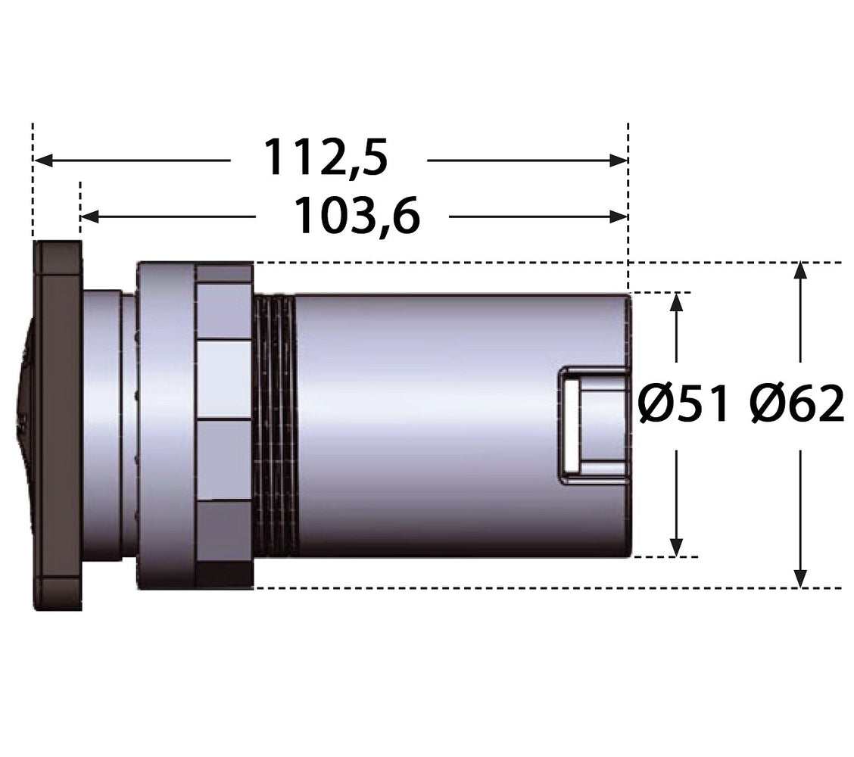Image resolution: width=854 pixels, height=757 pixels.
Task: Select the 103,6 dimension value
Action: click(357, 216)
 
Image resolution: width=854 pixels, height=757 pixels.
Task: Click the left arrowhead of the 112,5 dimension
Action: click(43, 160)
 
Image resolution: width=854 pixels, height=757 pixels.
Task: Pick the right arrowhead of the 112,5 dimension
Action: click(619, 160)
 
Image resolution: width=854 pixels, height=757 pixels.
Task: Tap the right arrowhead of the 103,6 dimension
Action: click(619, 217)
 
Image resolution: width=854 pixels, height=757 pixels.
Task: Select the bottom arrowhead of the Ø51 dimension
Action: click(676, 547)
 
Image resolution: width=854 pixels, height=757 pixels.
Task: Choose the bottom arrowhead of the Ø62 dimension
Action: click(799, 578)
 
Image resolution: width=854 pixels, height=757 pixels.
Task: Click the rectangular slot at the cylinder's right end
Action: click(594, 425)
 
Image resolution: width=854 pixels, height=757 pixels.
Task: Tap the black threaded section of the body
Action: click(275, 425)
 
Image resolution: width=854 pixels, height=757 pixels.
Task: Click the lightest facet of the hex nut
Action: click(224, 380)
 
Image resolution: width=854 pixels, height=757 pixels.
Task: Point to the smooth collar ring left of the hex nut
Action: click(166, 425)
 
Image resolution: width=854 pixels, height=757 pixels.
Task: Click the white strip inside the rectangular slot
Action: click(572, 425)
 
